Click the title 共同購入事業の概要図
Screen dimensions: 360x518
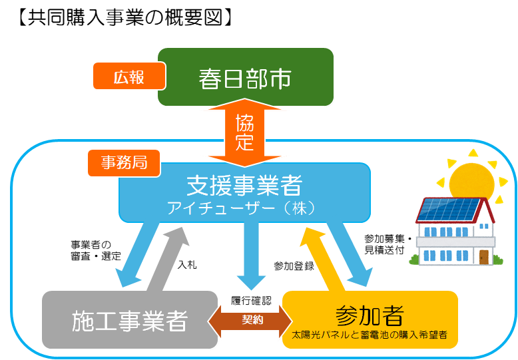pos(123,17)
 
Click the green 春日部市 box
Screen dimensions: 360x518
pos(245,78)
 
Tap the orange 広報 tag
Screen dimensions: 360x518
pos(129,77)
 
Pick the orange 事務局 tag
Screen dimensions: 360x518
pos(124,162)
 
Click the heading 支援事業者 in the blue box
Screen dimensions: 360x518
pos(244,184)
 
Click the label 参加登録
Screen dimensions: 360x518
pos(294,266)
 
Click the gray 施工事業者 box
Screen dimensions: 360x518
pos(130,321)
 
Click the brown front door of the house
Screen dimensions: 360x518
pos(483,256)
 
